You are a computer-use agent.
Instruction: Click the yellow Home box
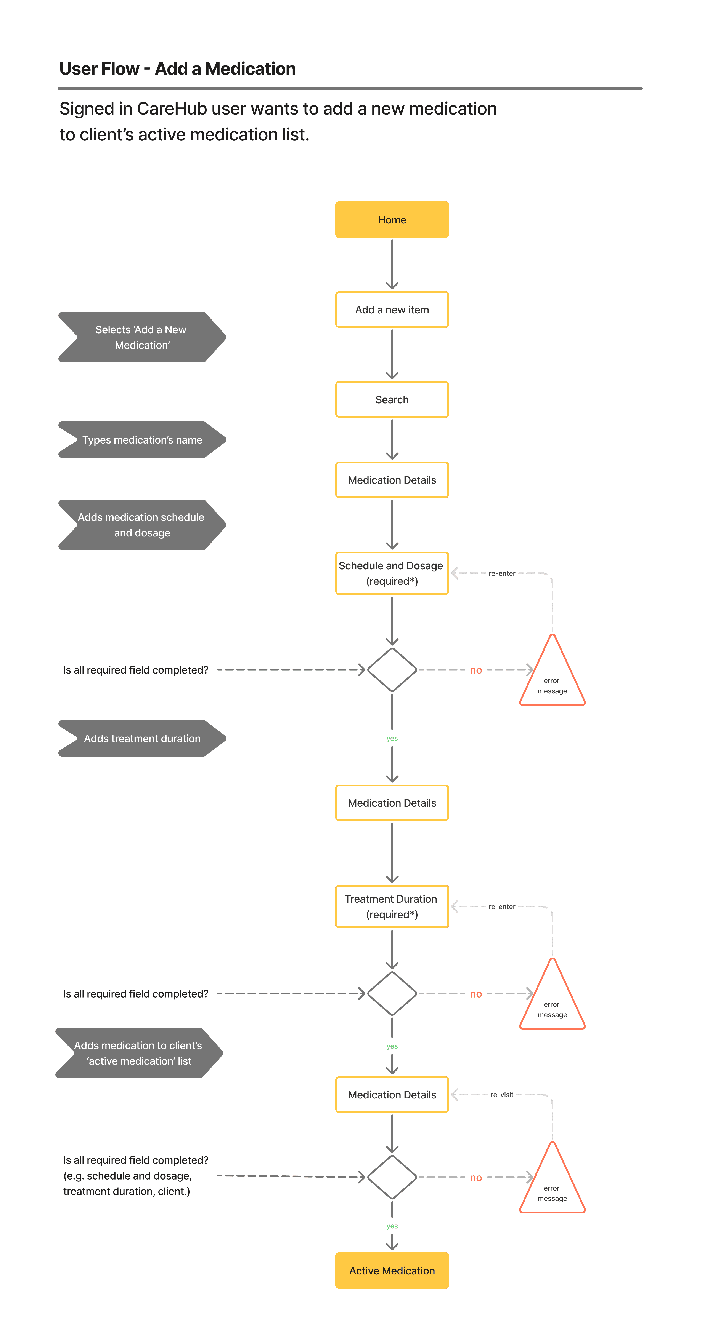point(392,220)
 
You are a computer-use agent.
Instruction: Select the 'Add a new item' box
point(392,309)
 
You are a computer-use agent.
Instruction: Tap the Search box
point(392,400)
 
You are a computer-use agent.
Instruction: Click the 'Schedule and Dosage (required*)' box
point(392,573)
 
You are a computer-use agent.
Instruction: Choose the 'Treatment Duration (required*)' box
point(392,906)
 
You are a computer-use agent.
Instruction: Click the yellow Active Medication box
point(392,1271)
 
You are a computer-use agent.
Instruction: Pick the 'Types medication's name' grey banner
point(142,440)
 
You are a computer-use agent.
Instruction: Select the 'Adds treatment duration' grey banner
point(142,738)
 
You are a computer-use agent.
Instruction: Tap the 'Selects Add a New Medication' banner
point(142,337)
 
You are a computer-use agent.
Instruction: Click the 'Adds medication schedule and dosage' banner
point(142,525)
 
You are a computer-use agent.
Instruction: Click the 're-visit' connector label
point(502,1095)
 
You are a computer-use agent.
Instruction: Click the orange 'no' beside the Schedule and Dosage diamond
point(475,670)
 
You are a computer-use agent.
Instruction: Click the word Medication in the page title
point(250,68)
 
